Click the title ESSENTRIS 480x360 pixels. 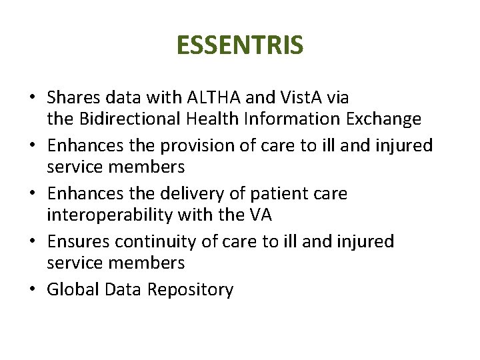tap(240, 45)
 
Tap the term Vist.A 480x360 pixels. tap(305, 98)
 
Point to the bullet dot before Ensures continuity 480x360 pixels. tap(32, 242)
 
